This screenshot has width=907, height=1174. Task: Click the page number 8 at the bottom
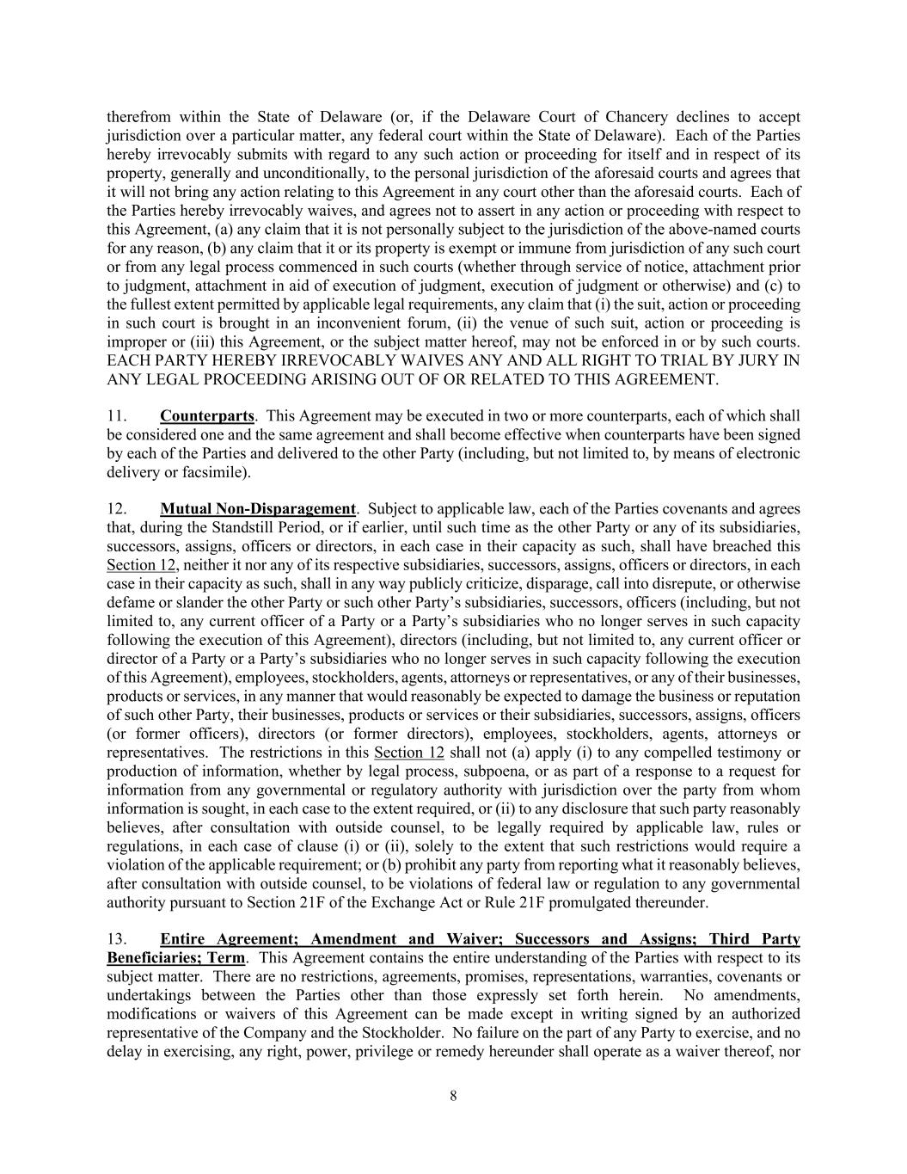coord(453,1096)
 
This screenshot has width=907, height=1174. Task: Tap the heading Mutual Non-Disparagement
coord(257,508)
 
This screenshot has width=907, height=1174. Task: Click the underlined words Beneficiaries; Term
coord(175,958)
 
